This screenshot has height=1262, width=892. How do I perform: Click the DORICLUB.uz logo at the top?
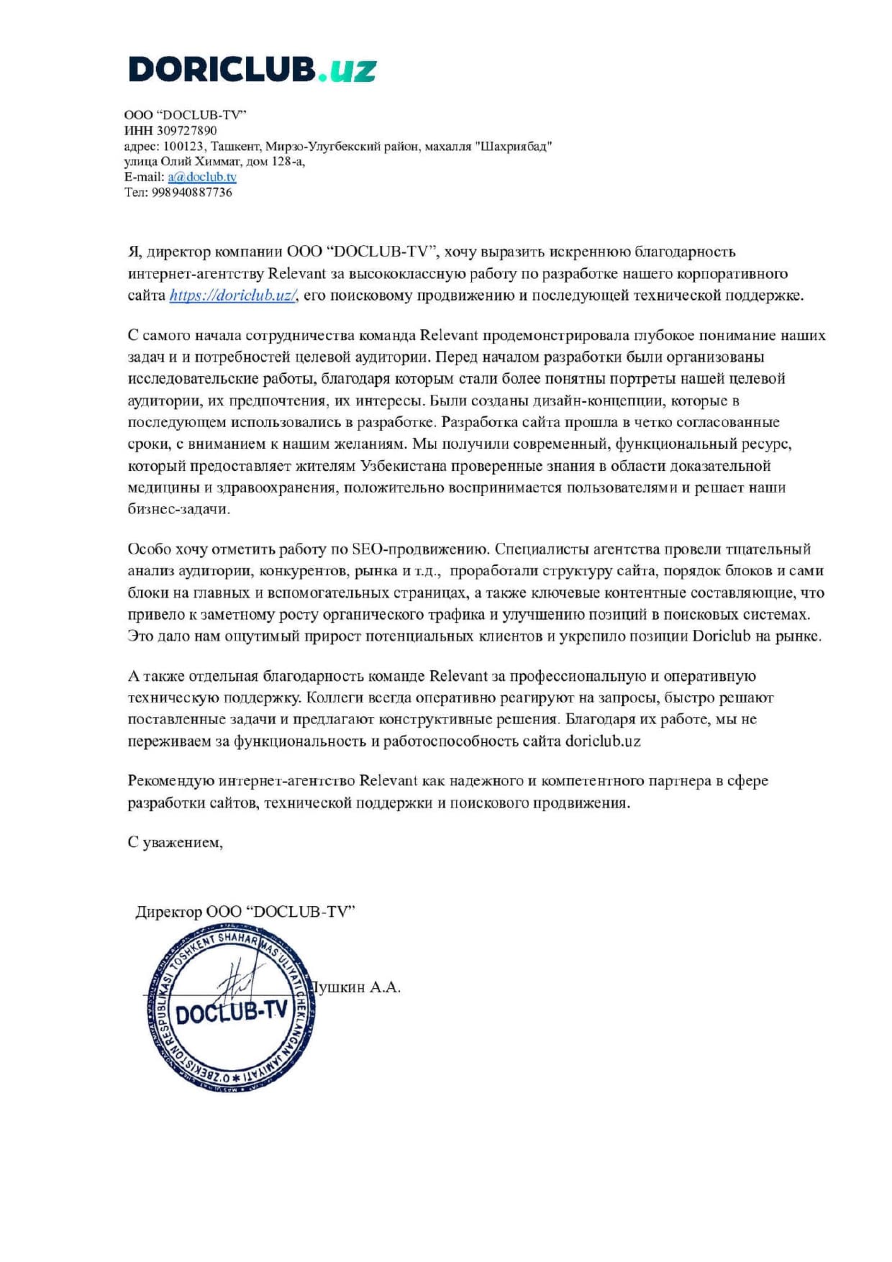252,70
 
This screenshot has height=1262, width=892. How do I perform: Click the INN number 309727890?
186,131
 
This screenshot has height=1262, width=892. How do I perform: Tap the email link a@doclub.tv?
202,177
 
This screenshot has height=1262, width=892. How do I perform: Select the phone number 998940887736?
192,193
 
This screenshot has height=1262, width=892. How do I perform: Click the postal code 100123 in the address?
183,147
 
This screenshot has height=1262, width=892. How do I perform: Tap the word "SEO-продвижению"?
421,549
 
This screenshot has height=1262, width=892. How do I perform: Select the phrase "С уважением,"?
176,843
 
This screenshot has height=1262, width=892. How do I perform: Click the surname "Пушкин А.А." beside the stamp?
357,987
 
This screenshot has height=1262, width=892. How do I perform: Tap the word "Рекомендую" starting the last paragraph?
170,781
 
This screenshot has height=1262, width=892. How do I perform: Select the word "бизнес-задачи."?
179,509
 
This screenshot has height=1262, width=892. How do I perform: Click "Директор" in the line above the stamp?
169,912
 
